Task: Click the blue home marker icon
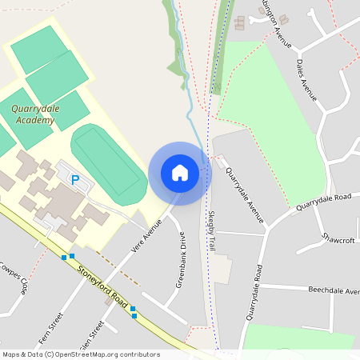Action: click(x=179, y=173)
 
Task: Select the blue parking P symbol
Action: click(x=76, y=180)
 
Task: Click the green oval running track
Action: click(x=109, y=160)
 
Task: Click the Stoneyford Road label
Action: click(x=104, y=287)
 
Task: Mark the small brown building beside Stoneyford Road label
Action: click(x=108, y=302)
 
